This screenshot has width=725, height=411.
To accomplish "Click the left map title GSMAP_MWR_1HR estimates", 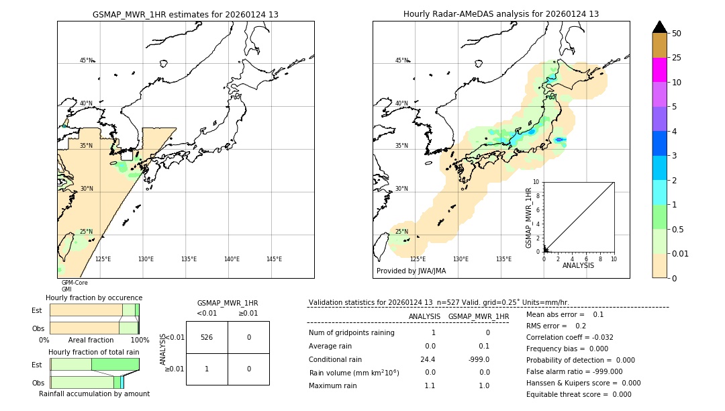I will tap(185, 14).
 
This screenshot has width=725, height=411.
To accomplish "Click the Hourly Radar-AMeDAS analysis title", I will tap(501, 14).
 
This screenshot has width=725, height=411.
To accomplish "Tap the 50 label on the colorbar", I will tap(677, 34).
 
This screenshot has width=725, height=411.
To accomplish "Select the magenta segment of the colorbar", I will tap(660, 70).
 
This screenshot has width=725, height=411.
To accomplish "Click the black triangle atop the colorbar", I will tap(660, 27).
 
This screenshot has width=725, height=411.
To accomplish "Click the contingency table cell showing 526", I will tap(207, 337).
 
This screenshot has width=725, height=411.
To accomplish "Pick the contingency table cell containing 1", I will tap(207, 369).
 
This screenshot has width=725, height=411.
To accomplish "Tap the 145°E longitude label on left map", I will tap(274, 259).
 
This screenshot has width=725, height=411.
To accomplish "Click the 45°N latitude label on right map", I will tap(401, 60).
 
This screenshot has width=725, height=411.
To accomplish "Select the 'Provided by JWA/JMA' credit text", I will tap(411, 271).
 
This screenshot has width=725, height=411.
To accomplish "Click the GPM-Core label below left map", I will tap(75, 283).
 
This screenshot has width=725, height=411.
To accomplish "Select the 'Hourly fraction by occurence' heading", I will tap(94, 298).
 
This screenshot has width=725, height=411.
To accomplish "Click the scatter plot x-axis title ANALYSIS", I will tap(579, 266).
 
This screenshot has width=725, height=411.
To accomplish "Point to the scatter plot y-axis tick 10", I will tap(536, 182).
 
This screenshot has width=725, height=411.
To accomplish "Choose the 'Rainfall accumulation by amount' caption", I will tap(94, 394).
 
